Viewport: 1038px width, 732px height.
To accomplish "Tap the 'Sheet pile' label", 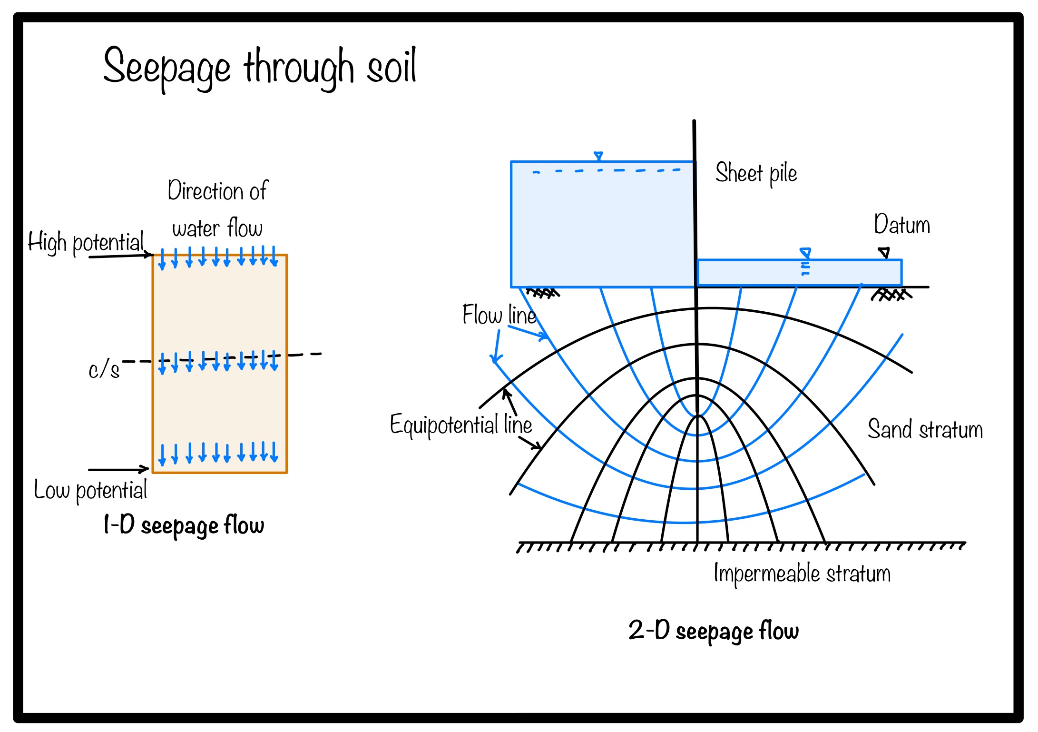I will pyautogui.click(x=756, y=173).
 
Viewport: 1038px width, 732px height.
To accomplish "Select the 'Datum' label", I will pyautogui.click(x=901, y=225).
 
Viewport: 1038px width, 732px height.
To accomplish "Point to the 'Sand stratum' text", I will pyautogui.click(x=925, y=429).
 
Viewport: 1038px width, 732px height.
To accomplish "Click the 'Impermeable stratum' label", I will pyautogui.click(x=802, y=574).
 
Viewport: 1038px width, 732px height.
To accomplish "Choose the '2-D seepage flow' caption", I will pyautogui.click(x=714, y=631).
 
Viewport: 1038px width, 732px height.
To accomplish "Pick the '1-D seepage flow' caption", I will pyautogui.click(x=184, y=525).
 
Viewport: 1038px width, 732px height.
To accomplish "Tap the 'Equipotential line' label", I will pyautogui.click(x=460, y=425).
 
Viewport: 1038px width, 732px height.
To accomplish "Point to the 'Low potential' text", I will pyautogui.click(x=90, y=490).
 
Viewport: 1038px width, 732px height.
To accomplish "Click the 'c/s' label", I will pyautogui.click(x=104, y=370).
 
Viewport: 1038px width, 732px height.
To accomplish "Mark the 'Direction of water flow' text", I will pyautogui.click(x=217, y=209).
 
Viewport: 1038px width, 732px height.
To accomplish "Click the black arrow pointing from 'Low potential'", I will pyautogui.click(x=119, y=469).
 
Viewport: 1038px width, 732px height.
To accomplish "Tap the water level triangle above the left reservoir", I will pyautogui.click(x=598, y=156).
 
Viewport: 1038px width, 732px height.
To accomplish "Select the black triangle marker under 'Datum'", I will pyautogui.click(x=884, y=252).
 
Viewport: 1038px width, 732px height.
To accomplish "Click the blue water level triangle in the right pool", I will pyautogui.click(x=805, y=252).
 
